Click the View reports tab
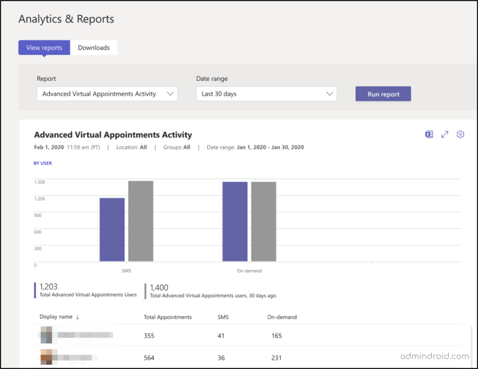coord(44,48)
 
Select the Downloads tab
coord(94,48)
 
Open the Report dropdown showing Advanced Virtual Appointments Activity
coord(107,94)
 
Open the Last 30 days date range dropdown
coord(266,94)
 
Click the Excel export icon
coord(429,134)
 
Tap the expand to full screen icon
coord(445,134)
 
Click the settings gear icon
coord(461,134)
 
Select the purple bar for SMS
coord(112,230)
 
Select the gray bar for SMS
coord(141,221)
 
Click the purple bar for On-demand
coord(235,222)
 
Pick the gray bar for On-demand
coord(263,222)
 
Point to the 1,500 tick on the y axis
coord(39,182)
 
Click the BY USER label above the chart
coord(43,164)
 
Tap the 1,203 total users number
coord(49,287)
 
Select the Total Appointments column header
coord(167,317)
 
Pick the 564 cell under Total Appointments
coord(149,358)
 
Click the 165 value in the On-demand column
coord(276,336)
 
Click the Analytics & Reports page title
coord(66,19)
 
